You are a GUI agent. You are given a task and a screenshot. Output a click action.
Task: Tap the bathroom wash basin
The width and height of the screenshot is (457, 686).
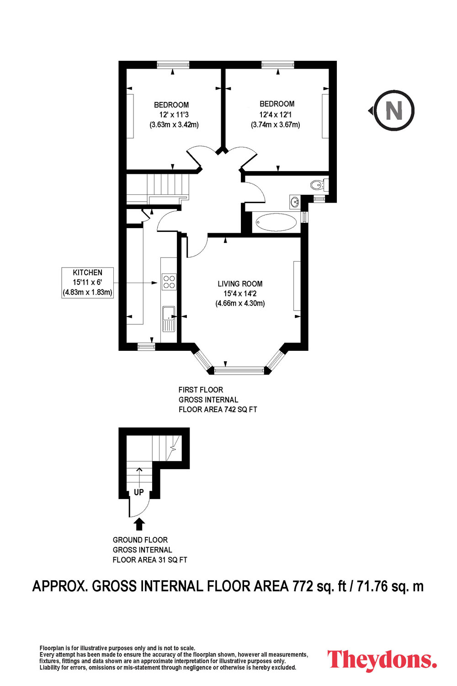(295, 202)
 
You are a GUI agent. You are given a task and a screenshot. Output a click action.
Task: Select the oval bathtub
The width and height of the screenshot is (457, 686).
(276, 222)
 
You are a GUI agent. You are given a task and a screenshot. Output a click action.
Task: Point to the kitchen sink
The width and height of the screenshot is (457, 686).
(169, 319)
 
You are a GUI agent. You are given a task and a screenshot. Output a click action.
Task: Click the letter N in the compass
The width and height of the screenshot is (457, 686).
(394, 110)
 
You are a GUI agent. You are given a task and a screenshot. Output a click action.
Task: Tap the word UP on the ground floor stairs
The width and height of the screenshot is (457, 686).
(138, 492)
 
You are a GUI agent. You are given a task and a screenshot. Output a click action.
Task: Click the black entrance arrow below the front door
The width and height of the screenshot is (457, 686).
(139, 524)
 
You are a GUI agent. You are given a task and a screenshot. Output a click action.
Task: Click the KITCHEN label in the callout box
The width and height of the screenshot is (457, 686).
(88, 272)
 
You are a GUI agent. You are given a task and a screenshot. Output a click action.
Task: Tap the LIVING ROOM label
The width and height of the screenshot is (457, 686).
(240, 284)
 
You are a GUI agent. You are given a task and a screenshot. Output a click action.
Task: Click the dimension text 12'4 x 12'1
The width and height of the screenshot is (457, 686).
(276, 114)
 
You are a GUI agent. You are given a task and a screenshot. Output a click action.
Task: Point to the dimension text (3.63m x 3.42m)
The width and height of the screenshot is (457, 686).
(174, 125)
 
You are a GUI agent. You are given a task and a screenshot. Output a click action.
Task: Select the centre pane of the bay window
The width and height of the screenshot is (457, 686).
(239, 370)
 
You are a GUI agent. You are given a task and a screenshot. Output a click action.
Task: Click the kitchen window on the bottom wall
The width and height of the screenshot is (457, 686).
(146, 346)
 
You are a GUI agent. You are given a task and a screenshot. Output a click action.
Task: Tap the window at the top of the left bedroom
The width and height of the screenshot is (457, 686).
(173, 64)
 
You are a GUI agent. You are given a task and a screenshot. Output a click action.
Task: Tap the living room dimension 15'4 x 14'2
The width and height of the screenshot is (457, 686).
(240, 294)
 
